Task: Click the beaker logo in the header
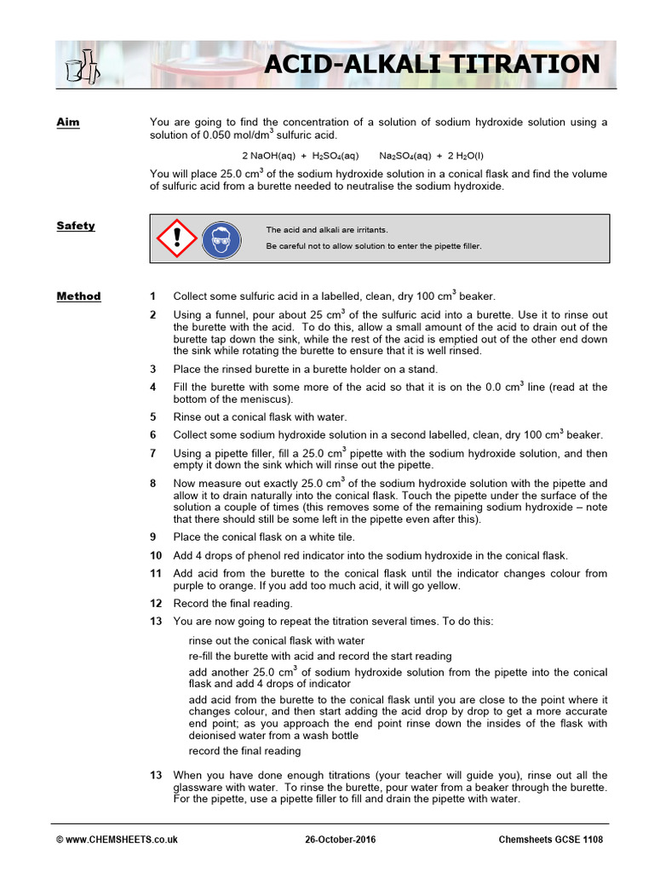[83, 66]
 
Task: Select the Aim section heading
[68, 123]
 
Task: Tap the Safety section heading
[76, 226]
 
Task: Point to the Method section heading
[78, 296]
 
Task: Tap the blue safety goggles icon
[221, 238]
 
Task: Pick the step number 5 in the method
[153, 417]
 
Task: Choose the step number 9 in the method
[153, 537]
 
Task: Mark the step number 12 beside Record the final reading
[156, 604]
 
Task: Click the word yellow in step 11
[446, 586]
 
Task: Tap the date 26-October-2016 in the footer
[339, 840]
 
